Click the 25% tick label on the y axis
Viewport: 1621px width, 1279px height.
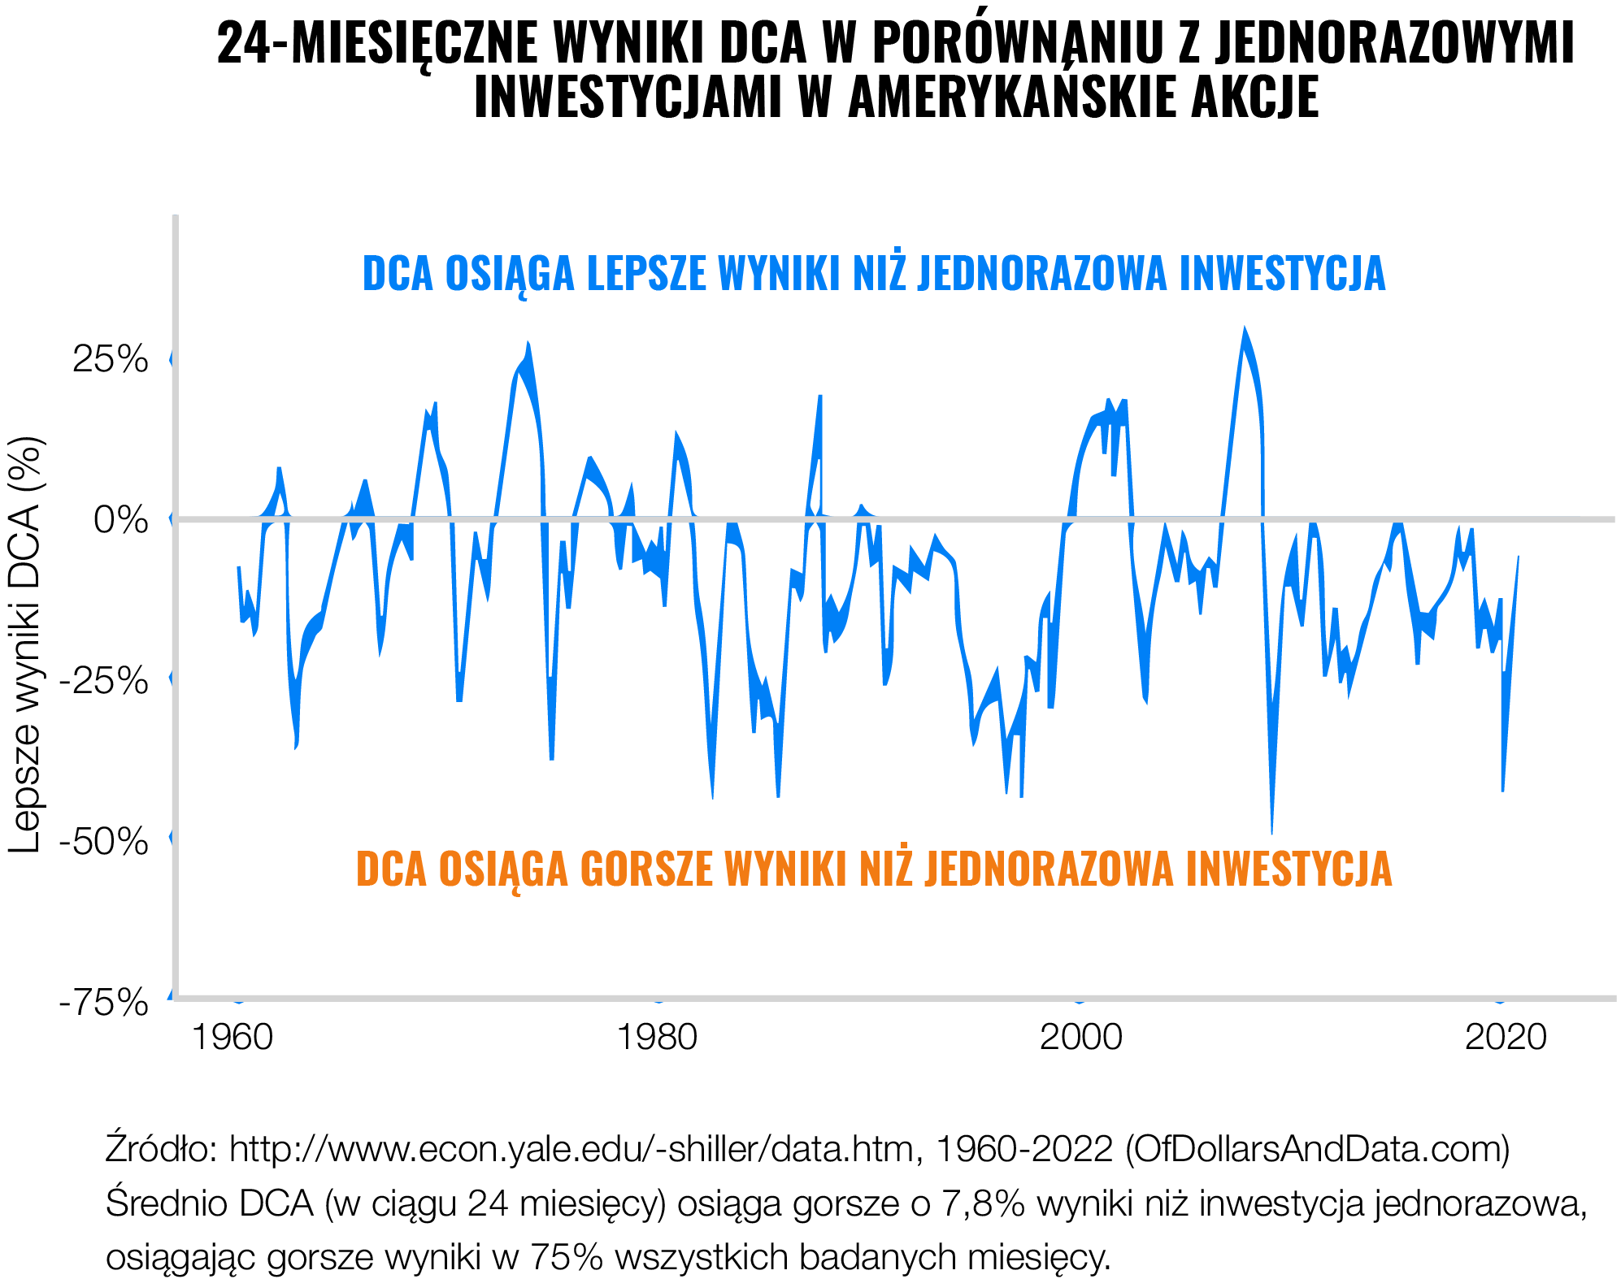click(111, 358)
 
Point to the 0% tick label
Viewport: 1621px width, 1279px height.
click(121, 518)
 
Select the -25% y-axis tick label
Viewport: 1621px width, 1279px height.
click(104, 679)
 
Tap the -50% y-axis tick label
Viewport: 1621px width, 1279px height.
click(104, 840)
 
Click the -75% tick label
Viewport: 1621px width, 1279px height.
click(104, 1001)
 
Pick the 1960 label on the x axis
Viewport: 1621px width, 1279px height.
click(232, 1037)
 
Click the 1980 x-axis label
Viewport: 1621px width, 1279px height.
click(657, 1037)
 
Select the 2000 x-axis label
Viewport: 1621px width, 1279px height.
click(1080, 1037)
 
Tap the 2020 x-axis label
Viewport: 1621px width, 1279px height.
click(1506, 1037)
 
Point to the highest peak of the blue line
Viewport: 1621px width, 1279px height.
click(1243, 330)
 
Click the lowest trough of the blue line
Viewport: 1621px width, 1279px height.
click(1271, 830)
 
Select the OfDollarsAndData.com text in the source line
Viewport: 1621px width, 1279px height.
click(1318, 1149)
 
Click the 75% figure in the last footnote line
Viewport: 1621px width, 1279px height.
click(567, 1257)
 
